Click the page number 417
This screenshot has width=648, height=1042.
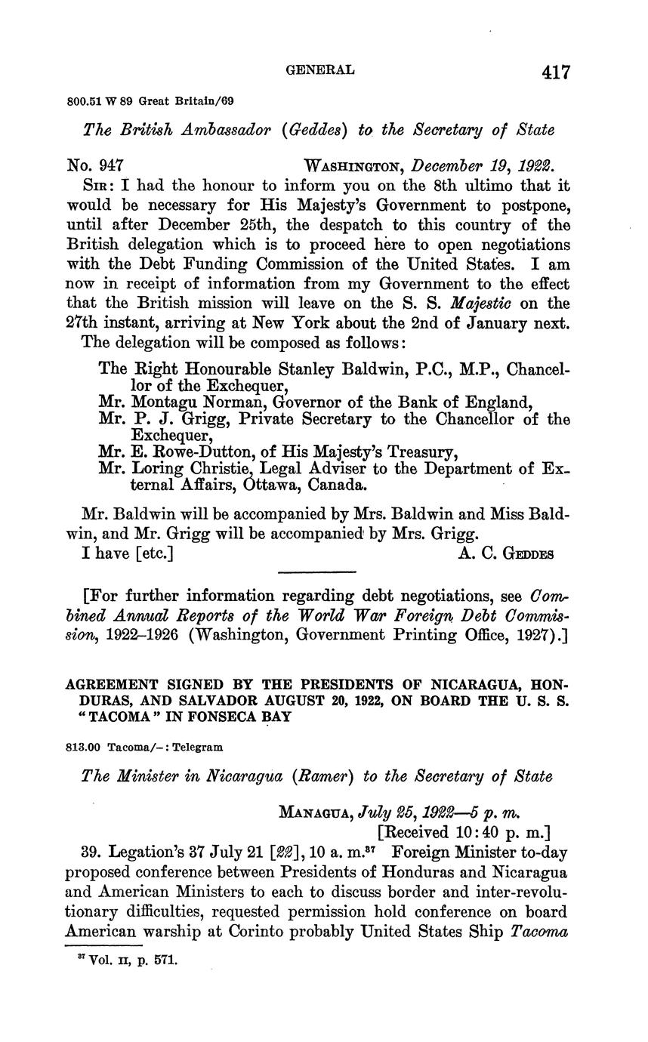point(555,72)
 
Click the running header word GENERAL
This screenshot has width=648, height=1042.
point(320,69)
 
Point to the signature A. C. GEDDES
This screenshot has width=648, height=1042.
point(506,553)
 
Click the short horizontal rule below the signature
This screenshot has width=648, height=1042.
point(316,572)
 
